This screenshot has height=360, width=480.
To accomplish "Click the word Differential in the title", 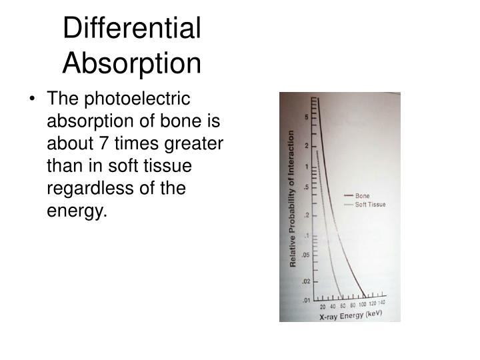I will (x=132, y=29).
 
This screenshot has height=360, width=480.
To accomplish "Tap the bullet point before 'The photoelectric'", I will (x=33, y=100).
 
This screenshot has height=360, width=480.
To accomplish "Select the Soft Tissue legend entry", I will (x=370, y=204).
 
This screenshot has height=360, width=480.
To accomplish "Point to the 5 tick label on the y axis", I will (x=307, y=117).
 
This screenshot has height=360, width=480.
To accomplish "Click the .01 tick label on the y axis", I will (x=305, y=301).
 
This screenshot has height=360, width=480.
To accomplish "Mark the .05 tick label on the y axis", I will (x=305, y=255).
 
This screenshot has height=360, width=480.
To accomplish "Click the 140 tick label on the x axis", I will (x=382, y=303).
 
